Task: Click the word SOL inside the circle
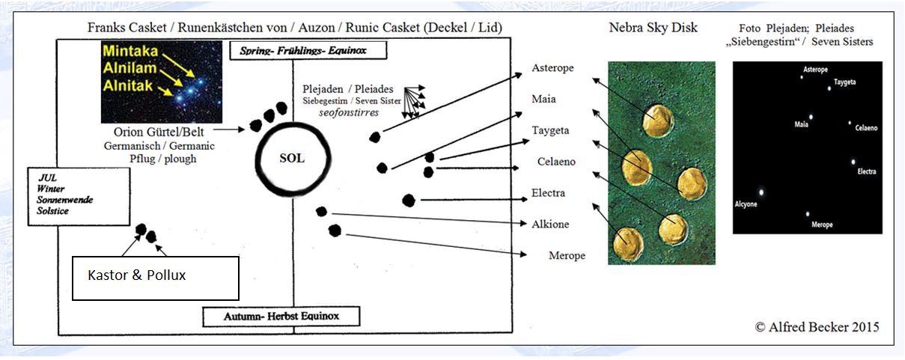click(x=292, y=158)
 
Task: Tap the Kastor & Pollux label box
click(x=156, y=278)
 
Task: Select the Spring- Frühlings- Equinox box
click(x=308, y=50)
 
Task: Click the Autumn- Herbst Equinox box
click(x=281, y=317)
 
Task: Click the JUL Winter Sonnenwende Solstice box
click(x=79, y=196)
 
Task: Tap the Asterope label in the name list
click(x=552, y=68)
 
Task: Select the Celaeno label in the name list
click(x=556, y=162)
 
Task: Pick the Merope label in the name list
click(x=567, y=255)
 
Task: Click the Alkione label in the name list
click(x=550, y=225)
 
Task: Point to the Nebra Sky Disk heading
click(x=653, y=28)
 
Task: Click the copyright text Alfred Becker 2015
click(x=817, y=327)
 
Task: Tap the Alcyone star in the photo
click(x=761, y=192)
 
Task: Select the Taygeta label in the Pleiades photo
click(x=845, y=82)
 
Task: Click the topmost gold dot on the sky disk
click(x=658, y=120)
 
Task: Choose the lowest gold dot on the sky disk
click(x=628, y=244)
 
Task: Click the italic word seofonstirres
click(x=349, y=113)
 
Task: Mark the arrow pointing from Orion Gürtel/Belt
click(x=229, y=129)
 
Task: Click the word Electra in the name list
click(x=548, y=193)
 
